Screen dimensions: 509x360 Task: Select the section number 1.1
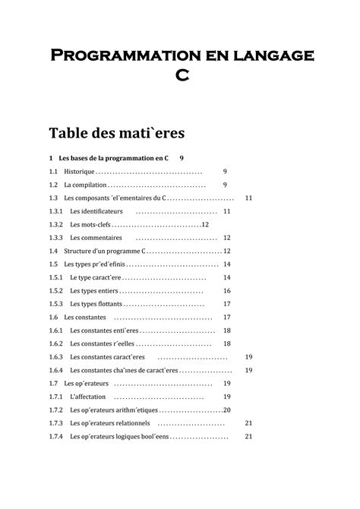point(53,172)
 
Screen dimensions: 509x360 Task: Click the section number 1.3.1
point(55,211)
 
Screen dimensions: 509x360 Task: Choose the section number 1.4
point(53,251)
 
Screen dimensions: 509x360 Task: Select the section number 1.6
point(53,317)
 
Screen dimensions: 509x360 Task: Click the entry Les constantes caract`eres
point(107,357)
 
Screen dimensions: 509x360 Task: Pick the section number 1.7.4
point(55,436)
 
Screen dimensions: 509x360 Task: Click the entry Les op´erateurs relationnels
point(110,423)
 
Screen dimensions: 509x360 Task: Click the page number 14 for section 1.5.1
point(226,277)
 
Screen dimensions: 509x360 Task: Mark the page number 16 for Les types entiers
point(226,291)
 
